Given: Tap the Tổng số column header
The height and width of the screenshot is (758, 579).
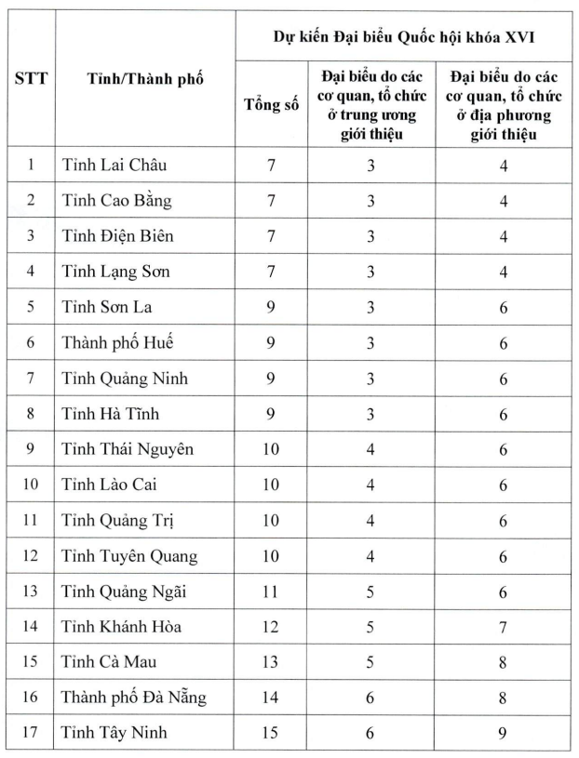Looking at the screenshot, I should click(271, 105).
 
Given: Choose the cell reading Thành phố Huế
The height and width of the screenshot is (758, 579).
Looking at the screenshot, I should click(117, 342).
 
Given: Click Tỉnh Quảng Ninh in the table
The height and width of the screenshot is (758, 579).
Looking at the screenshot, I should click(125, 379).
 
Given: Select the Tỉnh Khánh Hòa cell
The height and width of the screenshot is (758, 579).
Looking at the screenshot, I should click(122, 626).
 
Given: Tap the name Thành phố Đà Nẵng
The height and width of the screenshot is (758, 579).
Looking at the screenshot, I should click(134, 697).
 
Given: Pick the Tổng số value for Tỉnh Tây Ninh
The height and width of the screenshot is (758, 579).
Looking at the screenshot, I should click(271, 733).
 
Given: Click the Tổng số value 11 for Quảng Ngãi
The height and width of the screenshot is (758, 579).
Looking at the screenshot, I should click(271, 591).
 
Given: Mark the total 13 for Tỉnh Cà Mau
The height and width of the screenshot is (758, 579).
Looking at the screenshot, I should click(271, 661).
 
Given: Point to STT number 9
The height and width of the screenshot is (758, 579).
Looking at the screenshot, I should click(31, 449).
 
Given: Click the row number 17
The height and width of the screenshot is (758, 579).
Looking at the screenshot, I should click(31, 733).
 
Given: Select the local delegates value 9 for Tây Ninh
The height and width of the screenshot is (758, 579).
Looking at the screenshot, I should click(503, 733).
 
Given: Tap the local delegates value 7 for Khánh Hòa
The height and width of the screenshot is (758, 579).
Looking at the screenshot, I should click(503, 626).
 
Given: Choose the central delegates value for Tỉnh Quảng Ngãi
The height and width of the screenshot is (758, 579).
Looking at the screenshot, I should click(370, 591).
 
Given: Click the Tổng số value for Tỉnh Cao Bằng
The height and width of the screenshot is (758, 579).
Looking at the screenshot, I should click(271, 201).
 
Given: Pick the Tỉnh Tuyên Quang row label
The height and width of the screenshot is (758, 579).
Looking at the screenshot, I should click(129, 555).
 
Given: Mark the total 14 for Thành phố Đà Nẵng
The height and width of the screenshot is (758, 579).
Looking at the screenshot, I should click(271, 697).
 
